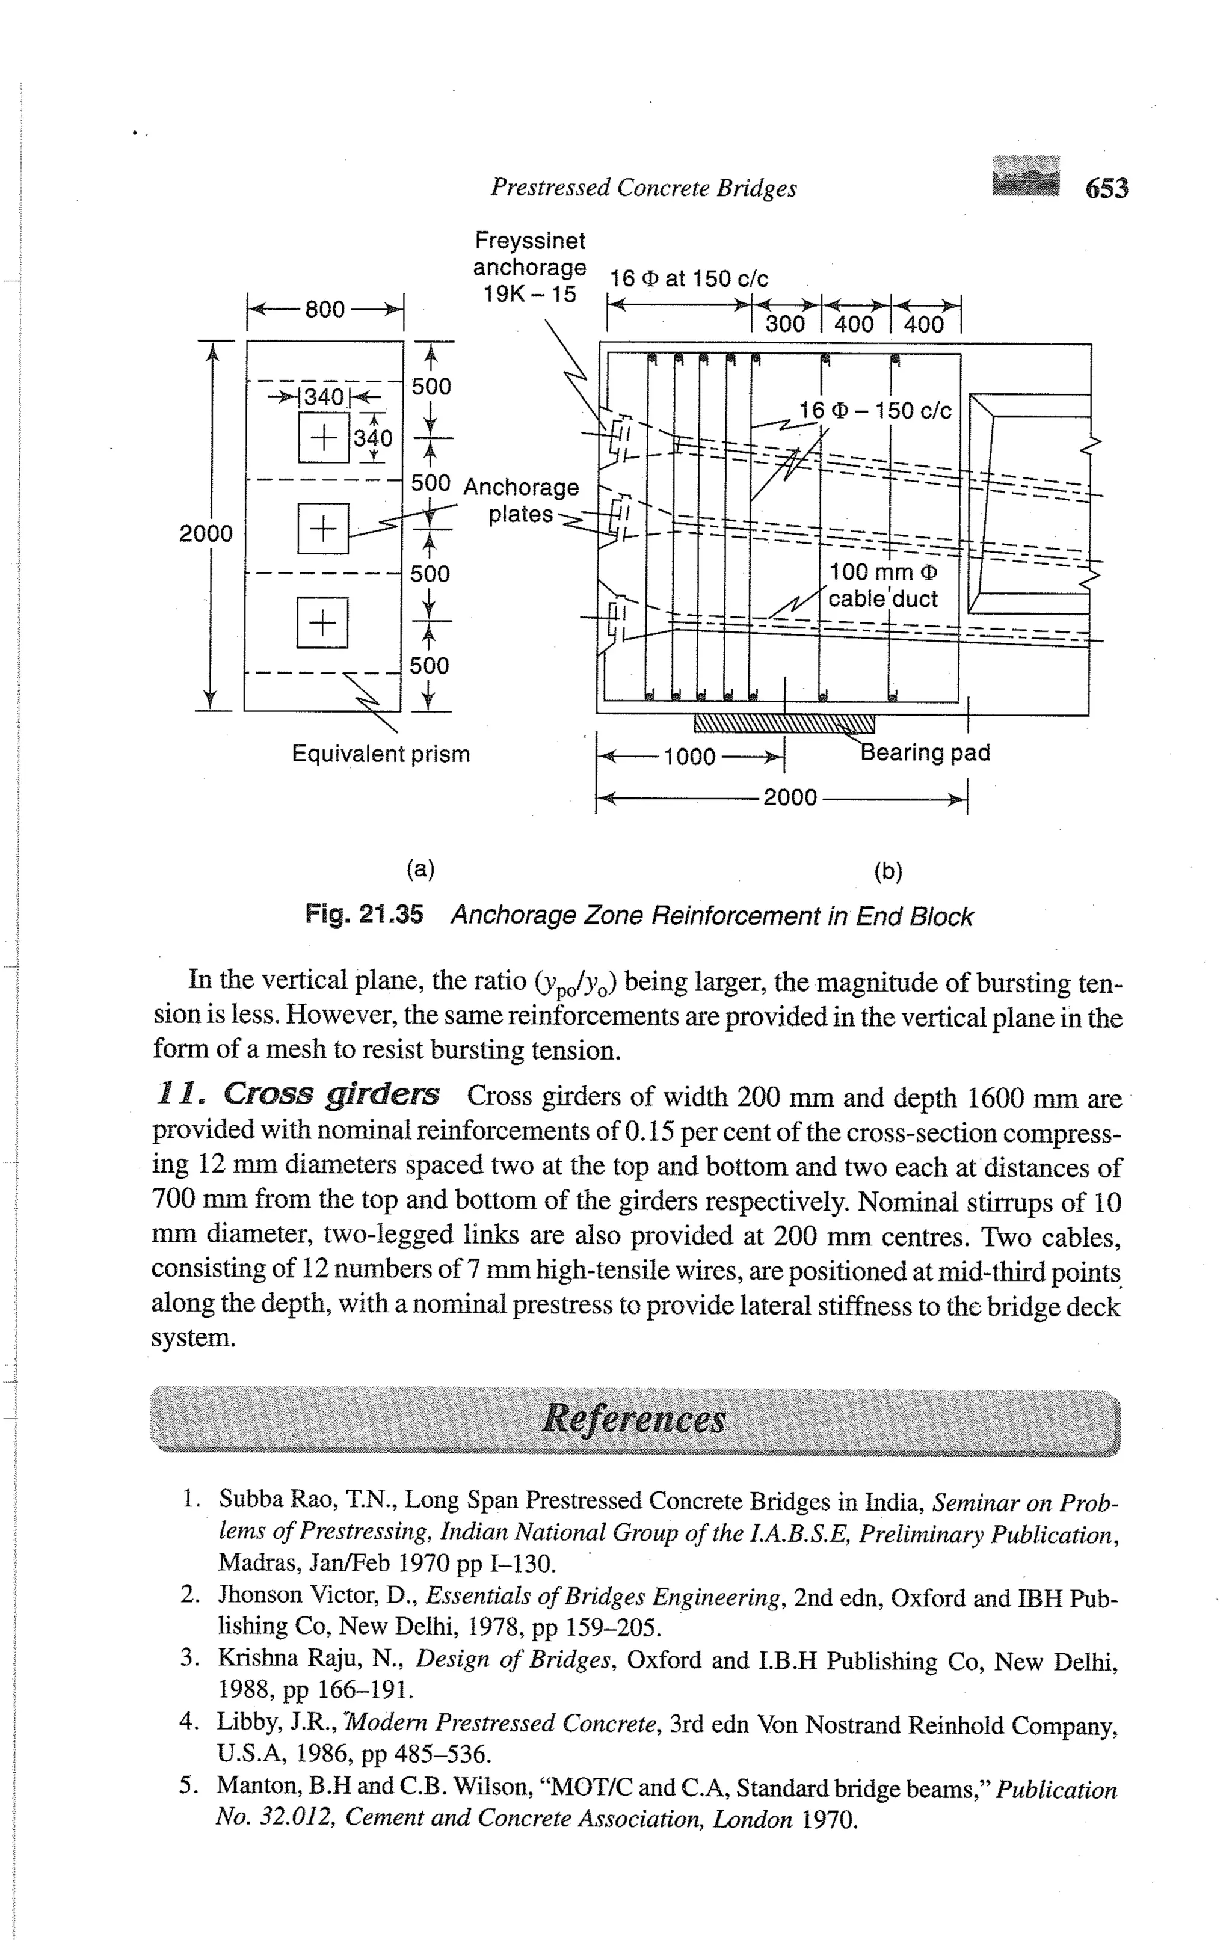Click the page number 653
[x=1106, y=188]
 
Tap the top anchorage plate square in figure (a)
[x=323, y=437]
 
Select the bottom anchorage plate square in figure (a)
[x=322, y=622]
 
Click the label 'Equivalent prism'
[x=380, y=754]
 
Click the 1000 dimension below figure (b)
[x=690, y=757]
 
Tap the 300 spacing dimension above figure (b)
[x=785, y=325]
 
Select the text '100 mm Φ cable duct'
[x=883, y=586]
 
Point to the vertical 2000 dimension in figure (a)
[x=206, y=533]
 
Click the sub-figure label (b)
[x=888, y=871]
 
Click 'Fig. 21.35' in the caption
[x=363, y=915]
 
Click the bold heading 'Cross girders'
[x=330, y=1094]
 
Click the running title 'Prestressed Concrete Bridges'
[x=643, y=188]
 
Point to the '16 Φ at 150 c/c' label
[x=689, y=279]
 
